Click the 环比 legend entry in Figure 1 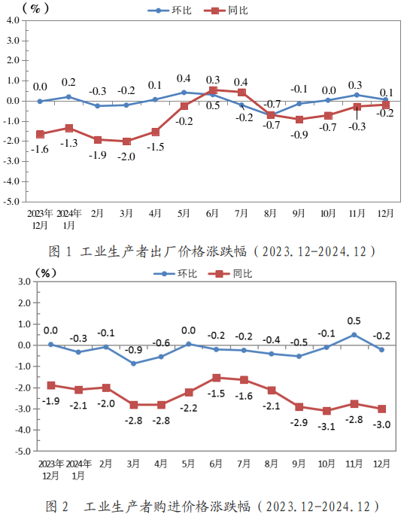pos(170,11)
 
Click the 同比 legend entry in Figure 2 pos(230,274)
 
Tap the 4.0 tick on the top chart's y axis pos(13,20)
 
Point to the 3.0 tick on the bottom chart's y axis pos(24,281)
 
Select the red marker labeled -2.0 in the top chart pos(126,141)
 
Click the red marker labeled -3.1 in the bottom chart pos(326,411)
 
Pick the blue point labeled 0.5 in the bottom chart pos(354,335)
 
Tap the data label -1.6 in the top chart pos(40,150)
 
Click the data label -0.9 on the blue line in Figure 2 pos(134,350)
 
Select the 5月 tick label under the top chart pos(184,213)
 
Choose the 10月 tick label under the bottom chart pos(326,464)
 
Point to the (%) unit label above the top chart pos(36,8)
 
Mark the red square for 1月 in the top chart pos(69,128)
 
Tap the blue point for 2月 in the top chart pos(98,106)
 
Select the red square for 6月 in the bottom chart pos(217,378)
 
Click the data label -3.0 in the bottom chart pos(381,425)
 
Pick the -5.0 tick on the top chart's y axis pos(12,201)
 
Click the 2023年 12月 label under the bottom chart pos(50,470)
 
